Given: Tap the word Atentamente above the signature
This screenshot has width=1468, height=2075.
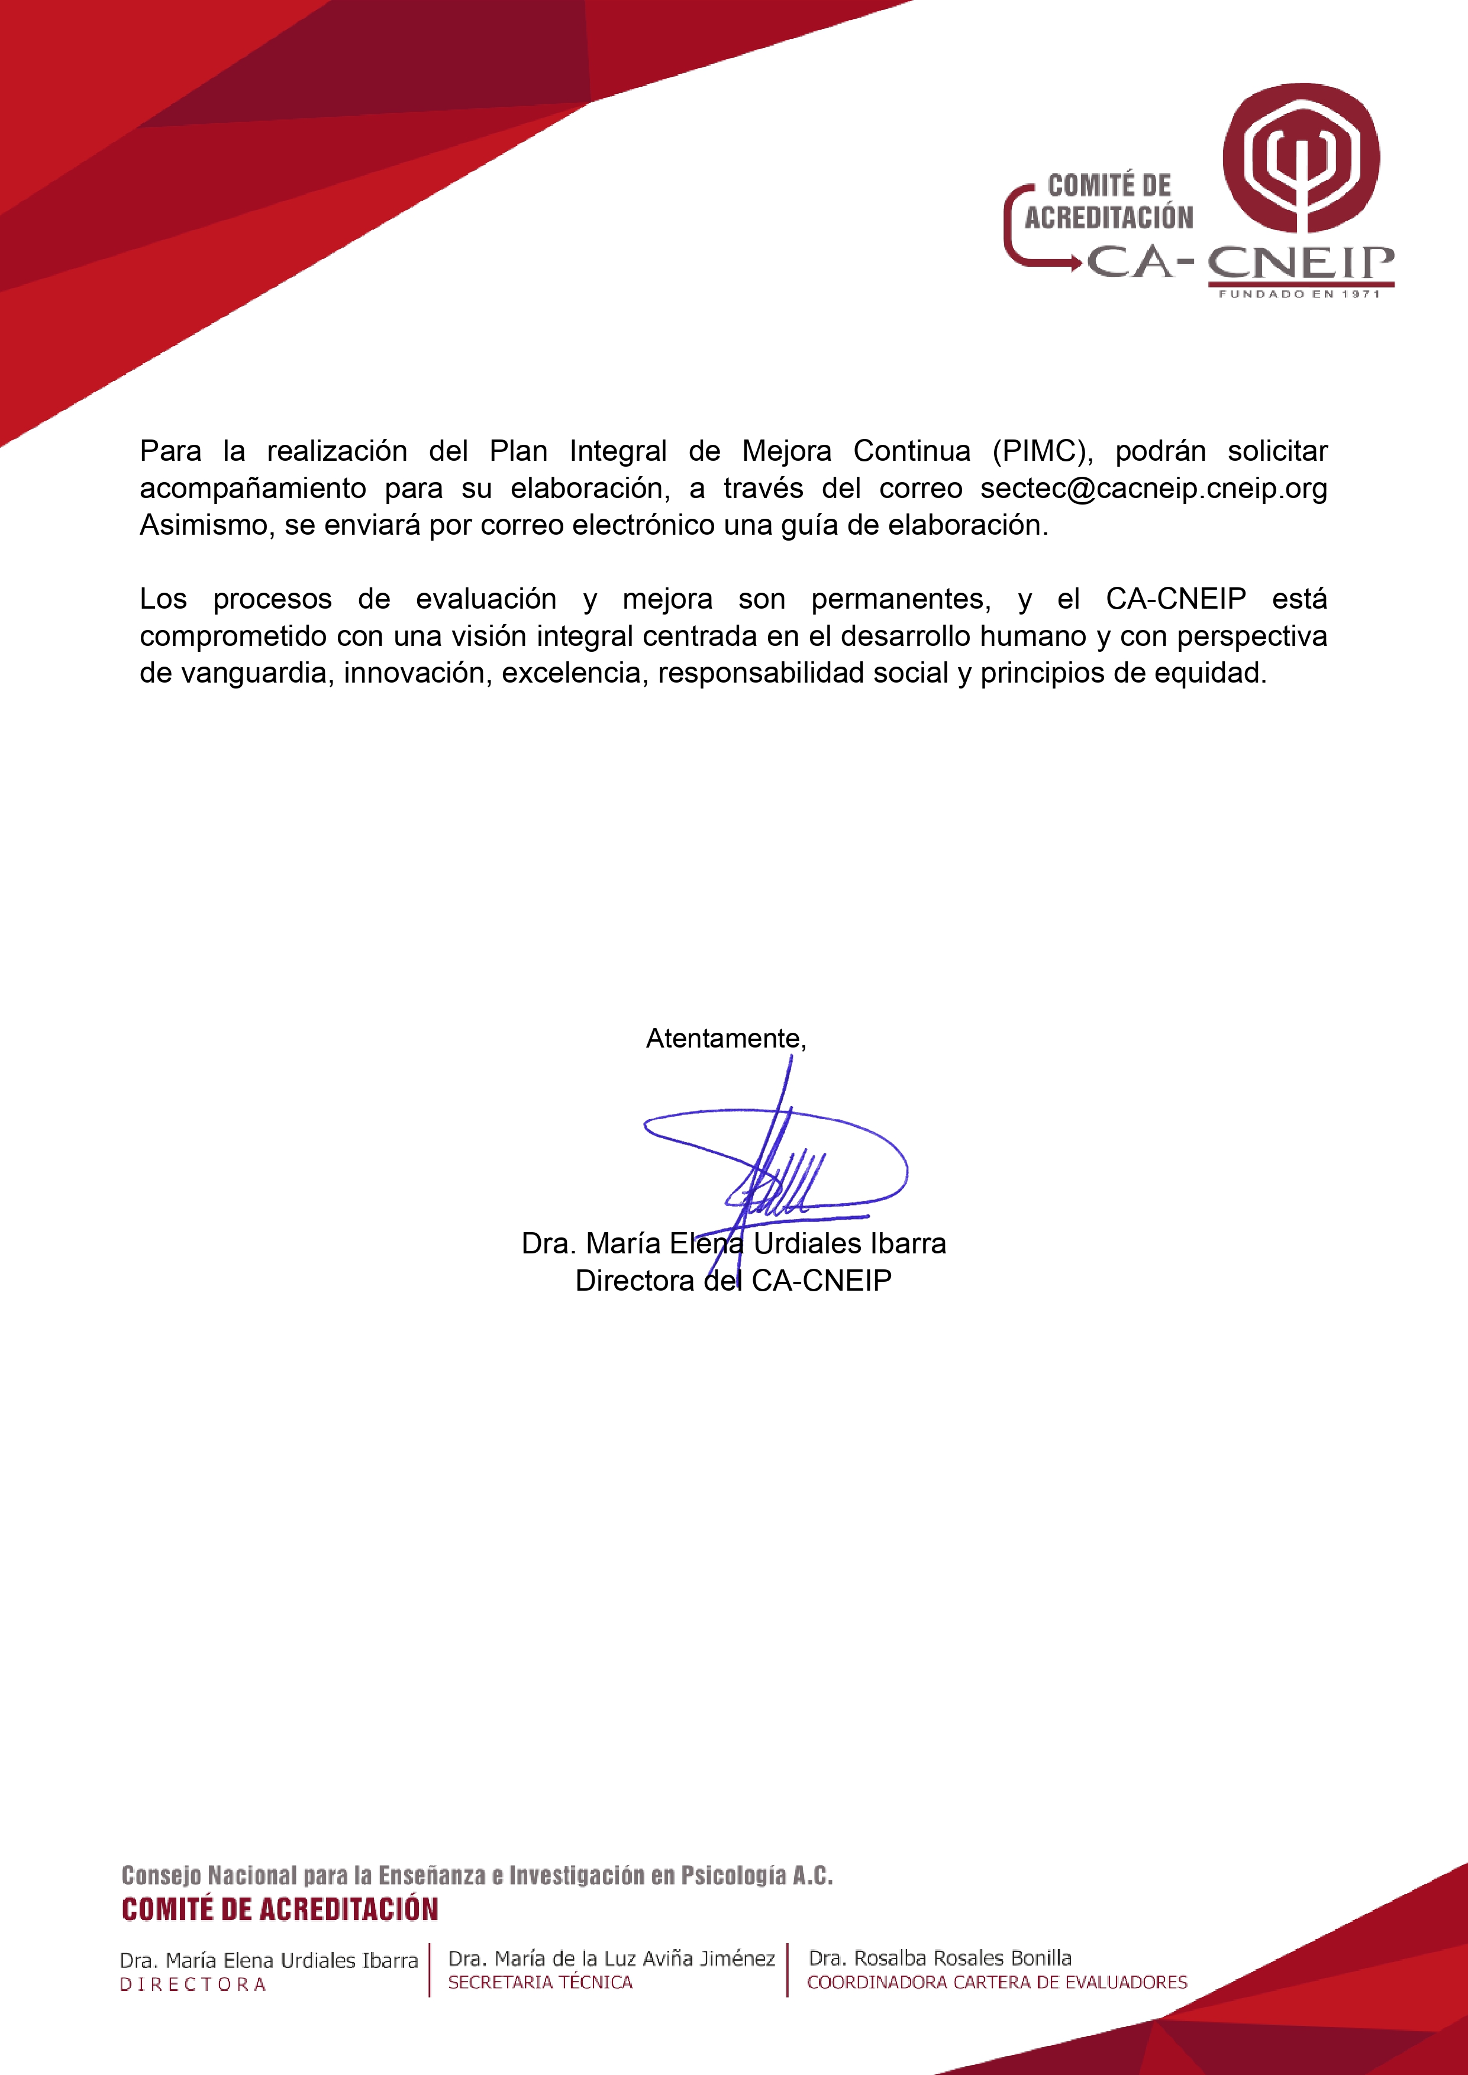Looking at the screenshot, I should pos(723,1039).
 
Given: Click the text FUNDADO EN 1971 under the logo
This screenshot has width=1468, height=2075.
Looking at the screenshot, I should pos(1300,294).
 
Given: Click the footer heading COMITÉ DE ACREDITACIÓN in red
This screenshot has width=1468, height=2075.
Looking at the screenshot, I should pos(280,1909).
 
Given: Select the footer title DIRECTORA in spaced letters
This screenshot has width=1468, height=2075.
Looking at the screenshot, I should pos(193,1984).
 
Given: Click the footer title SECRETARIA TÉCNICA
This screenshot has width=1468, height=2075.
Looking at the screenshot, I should pos(541,1982).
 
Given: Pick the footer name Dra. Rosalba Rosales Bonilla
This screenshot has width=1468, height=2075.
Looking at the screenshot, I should pos(940,1957).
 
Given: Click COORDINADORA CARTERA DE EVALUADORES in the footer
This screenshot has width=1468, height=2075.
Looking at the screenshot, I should pos(997,1982).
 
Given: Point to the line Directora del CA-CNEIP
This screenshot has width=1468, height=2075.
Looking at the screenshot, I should pos(733,1281).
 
